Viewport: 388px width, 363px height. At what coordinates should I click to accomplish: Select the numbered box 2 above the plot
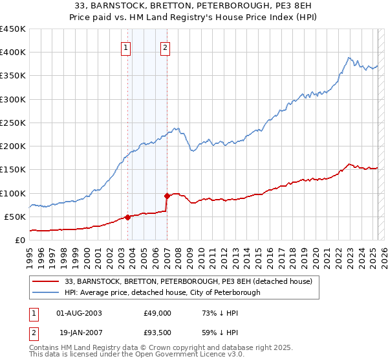[x=166, y=47]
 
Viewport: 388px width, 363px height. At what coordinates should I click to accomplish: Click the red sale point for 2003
[x=127, y=217]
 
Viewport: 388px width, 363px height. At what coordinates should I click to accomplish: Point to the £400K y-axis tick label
[x=13, y=53]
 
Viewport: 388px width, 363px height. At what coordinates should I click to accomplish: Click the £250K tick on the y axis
[x=13, y=123]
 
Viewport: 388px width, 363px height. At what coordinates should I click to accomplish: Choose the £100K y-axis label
[x=13, y=193]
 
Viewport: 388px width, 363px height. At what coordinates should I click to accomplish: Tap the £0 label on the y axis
[x=20, y=240]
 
